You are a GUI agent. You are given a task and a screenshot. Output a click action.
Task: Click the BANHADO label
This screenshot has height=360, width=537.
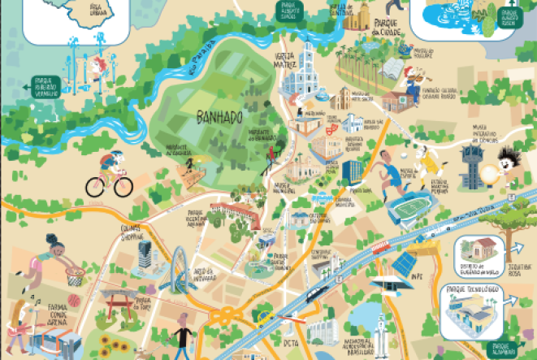[x=219, y=118]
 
